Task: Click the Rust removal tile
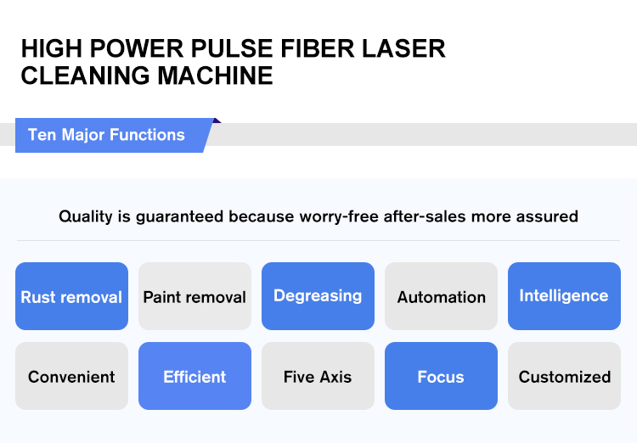click(x=71, y=296)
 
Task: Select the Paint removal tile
click(x=194, y=296)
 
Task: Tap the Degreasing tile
click(x=318, y=296)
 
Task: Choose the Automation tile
click(x=441, y=296)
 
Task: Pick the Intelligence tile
click(x=564, y=296)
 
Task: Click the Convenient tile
click(x=71, y=376)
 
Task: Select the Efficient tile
click(x=194, y=376)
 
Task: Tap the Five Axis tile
click(x=318, y=376)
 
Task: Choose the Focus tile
click(x=441, y=376)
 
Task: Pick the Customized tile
click(x=564, y=376)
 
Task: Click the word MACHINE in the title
click(x=215, y=76)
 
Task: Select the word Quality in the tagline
click(x=85, y=216)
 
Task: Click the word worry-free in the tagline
click(x=339, y=216)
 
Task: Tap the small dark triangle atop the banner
click(x=216, y=121)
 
